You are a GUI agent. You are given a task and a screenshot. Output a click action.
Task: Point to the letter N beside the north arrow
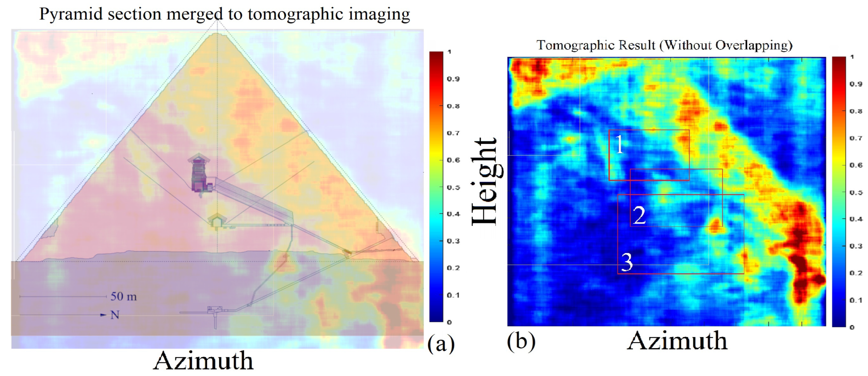[x=115, y=315]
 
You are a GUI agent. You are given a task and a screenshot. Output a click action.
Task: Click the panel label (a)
[x=441, y=344]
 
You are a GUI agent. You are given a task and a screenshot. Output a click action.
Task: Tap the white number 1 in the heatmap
[x=619, y=145]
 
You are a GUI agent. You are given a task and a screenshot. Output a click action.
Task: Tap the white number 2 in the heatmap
[x=639, y=215]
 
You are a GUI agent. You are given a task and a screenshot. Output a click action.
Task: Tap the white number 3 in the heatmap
[x=627, y=262]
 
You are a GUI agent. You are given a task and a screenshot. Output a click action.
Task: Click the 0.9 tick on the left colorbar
[x=453, y=79]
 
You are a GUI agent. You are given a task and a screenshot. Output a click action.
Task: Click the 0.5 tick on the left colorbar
[x=453, y=187]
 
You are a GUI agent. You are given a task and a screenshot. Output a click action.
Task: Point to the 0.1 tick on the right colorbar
[x=856, y=300]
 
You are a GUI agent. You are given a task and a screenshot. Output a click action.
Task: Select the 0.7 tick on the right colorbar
[x=856, y=138]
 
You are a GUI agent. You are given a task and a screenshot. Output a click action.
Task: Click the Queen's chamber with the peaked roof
[x=216, y=221]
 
